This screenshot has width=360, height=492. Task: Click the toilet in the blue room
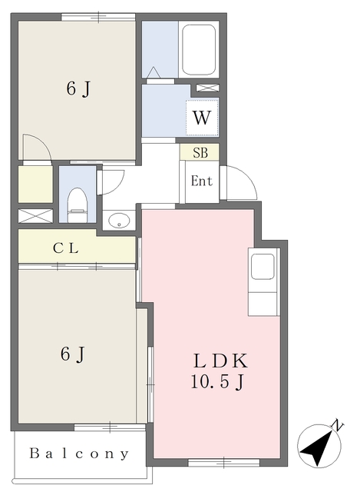point(77,205)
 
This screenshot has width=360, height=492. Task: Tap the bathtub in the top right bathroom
point(199,49)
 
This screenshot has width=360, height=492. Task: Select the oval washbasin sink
point(119,221)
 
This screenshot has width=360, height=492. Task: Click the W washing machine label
point(201,118)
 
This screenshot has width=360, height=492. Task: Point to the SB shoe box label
point(200,153)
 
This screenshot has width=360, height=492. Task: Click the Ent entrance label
point(201,181)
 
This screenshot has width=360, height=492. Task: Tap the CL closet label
point(65,248)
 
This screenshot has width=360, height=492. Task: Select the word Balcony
point(79,454)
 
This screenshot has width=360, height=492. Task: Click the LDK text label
point(220,361)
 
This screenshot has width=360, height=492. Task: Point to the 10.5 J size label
point(217,382)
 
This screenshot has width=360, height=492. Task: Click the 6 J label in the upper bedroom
point(78,88)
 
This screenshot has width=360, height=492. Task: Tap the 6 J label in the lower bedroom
point(73,354)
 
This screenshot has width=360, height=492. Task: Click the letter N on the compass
point(337,425)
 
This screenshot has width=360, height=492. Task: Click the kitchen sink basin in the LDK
point(263,266)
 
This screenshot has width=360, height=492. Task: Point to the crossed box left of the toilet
point(35,216)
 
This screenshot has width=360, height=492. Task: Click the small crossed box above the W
point(207,88)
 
